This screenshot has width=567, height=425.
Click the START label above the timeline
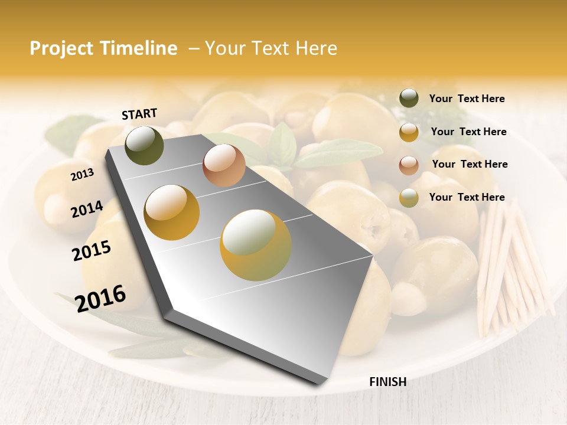click(x=139, y=114)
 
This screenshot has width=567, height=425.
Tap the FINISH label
click(x=387, y=382)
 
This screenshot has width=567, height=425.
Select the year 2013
click(x=82, y=174)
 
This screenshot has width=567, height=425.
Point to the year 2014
click(x=87, y=209)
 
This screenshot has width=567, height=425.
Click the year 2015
click(x=92, y=251)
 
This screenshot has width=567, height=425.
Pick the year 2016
click(x=100, y=298)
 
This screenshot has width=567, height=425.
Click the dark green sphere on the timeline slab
click(x=145, y=145)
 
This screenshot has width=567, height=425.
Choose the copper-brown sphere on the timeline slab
click(x=224, y=165)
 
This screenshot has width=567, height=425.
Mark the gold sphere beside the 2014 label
click(x=172, y=212)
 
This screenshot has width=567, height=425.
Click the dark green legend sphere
click(x=409, y=98)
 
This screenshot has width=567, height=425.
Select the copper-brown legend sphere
click(x=409, y=165)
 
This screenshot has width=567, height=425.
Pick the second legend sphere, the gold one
click(x=409, y=132)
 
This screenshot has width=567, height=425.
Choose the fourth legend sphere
click(x=409, y=198)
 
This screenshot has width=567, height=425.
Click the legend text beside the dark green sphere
click(x=467, y=99)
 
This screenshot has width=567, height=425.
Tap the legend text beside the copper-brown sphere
click(x=470, y=164)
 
